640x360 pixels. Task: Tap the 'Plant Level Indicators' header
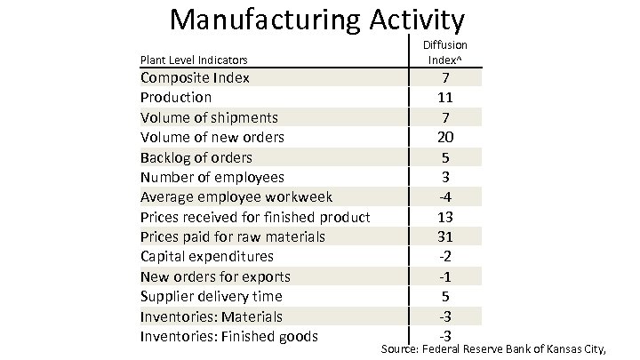(x=194, y=60)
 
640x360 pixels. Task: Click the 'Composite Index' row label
(x=195, y=77)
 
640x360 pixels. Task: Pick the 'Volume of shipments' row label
(x=209, y=117)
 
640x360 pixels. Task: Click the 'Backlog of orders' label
(x=196, y=157)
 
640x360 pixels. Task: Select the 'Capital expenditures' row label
(x=207, y=257)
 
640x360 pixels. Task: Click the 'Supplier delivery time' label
(x=212, y=296)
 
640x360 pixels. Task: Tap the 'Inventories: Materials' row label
(x=212, y=316)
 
